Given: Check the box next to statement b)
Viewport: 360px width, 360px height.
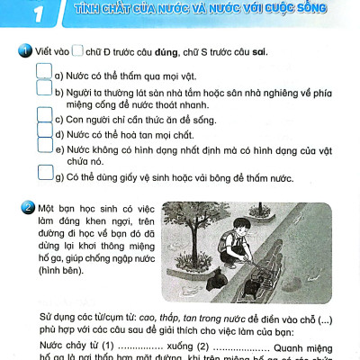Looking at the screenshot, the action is click(44, 87).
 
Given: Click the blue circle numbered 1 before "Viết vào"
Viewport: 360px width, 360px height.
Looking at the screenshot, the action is click(30, 50).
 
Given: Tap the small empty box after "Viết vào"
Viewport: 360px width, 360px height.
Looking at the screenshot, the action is click(77, 50).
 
